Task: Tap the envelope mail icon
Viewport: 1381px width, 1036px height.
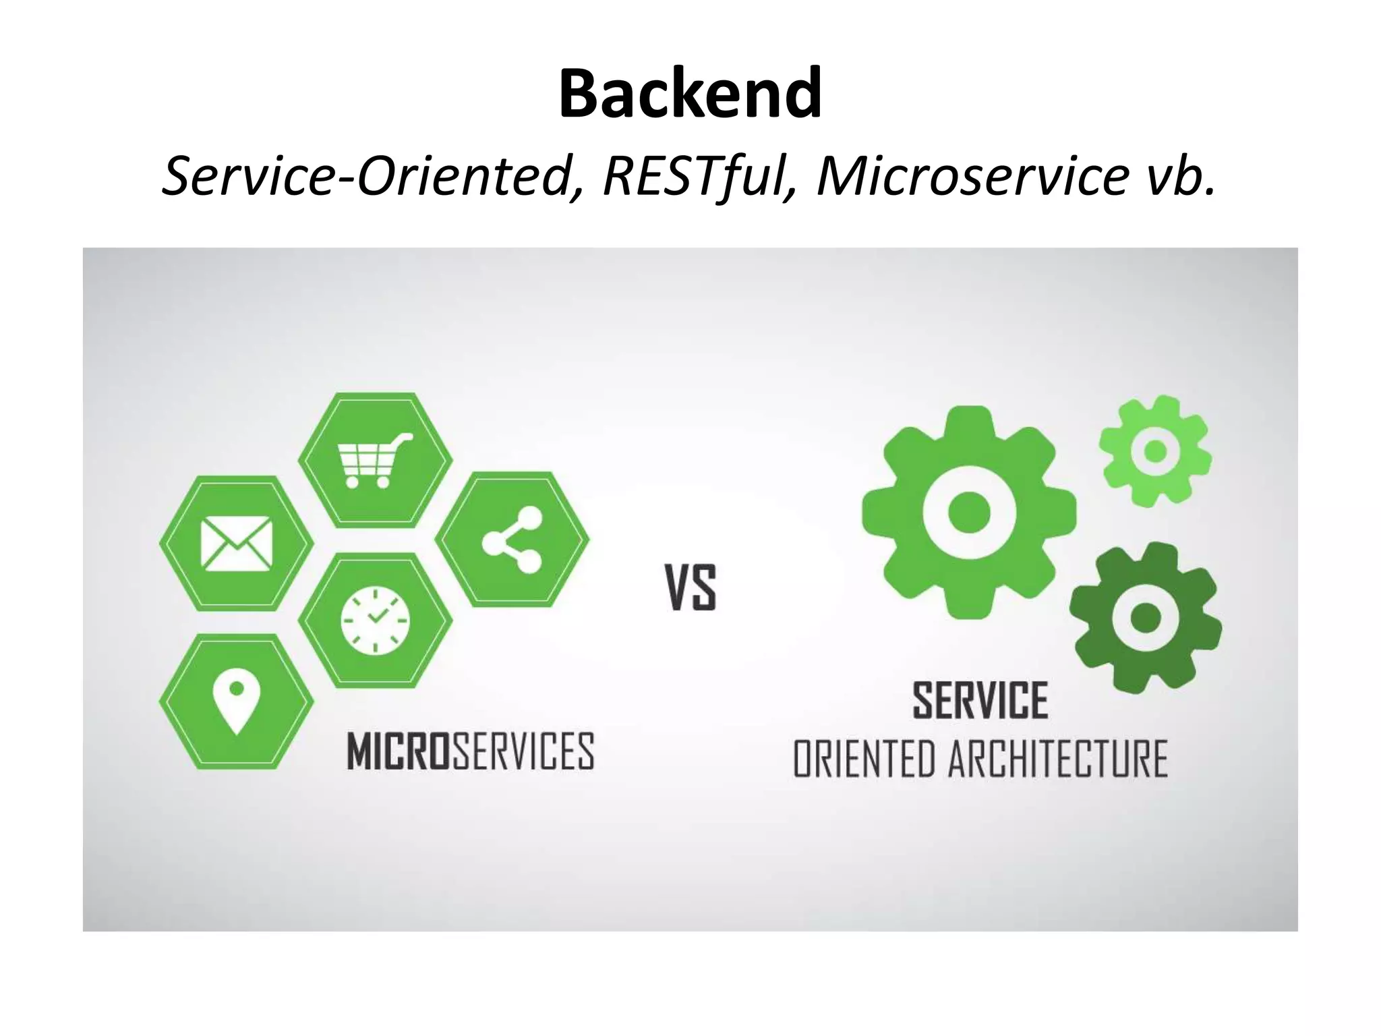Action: [236, 544]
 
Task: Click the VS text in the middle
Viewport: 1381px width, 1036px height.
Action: [690, 588]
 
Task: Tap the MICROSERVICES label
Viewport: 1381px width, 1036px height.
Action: [470, 751]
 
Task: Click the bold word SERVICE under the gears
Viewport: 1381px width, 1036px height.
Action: [980, 701]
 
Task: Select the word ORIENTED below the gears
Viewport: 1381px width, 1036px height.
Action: [864, 759]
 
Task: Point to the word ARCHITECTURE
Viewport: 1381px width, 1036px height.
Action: [1058, 759]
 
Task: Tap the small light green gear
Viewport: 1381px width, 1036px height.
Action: [1155, 451]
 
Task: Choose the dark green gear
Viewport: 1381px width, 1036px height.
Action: [1145, 618]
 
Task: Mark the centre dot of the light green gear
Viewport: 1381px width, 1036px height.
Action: [1155, 451]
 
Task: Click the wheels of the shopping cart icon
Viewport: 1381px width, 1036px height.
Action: [368, 482]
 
